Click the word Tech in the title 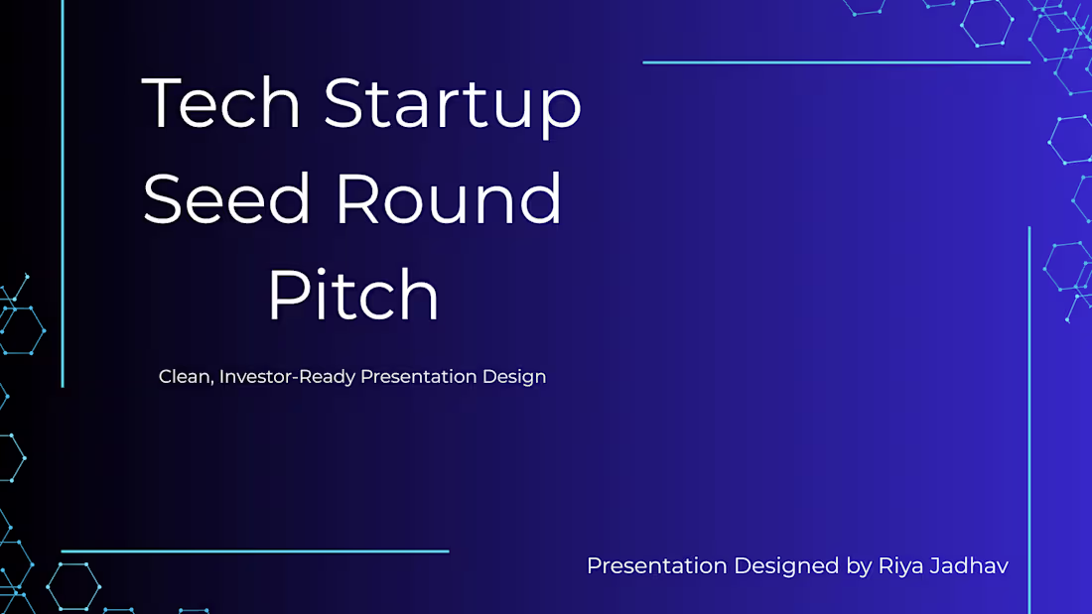coord(221,103)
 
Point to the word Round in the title coord(449,198)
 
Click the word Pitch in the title coord(353,296)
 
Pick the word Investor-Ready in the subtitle coord(287,378)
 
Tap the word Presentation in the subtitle coord(419,378)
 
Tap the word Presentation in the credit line coord(656,566)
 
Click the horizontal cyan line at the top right coord(836,62)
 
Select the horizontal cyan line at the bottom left coord(254,552)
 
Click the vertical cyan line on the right coord(1029,417)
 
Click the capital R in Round coord(357,198)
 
